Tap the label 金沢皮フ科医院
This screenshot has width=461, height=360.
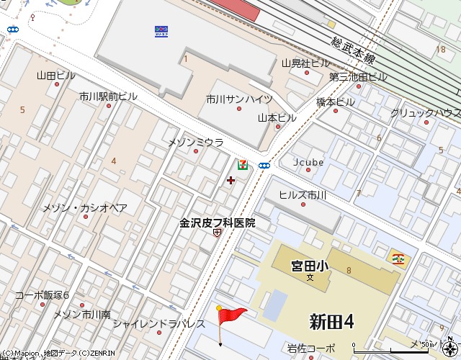click(x=218, y=223)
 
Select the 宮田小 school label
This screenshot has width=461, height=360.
click(x=310, y=266)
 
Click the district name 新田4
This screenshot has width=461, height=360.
click(x=331, y=322)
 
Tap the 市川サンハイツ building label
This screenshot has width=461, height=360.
click(x=239, y=99)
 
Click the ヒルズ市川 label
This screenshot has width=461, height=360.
click(x=303, y=195)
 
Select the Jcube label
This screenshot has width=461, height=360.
click(x=308, y=162)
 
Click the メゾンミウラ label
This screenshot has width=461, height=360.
click(x=196, y=143)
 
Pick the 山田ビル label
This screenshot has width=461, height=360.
click(x=55, y=75)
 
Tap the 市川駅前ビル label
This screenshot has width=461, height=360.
click(x=108, y=96)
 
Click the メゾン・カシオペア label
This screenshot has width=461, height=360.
click(x=85, y=208)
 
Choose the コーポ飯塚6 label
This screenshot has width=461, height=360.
click(x=42, y=295)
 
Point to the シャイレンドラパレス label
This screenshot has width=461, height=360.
click(x=158, y=323)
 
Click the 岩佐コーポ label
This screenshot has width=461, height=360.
click(x=310, y=348)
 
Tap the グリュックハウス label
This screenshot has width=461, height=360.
click(x=425, y=113)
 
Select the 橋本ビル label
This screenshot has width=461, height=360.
click(x=336, y=102)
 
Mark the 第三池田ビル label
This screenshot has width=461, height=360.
click(x=359, y=76)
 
